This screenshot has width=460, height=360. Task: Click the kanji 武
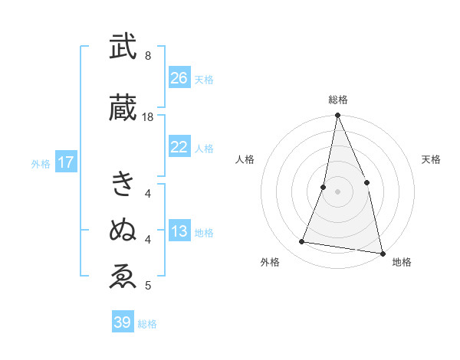click(123, 47)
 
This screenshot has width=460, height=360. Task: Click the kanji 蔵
click(123, 109)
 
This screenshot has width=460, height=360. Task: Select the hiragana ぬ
click(123, 229)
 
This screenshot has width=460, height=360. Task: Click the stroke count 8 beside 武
click(147, 56)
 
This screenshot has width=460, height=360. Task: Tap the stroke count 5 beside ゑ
click(147, 286)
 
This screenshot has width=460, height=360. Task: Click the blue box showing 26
click(179, 78)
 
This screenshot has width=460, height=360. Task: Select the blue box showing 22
click(179, 147)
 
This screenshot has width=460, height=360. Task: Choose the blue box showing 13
click(179, 231)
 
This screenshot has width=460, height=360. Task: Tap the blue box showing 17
click(65, 162)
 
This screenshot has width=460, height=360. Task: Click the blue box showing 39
click(123, 322)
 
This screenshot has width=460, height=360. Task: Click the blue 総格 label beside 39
click(147, 324)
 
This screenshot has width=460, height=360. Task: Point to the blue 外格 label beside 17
click(41, 163)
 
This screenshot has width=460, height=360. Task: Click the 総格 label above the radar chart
click(337, 100)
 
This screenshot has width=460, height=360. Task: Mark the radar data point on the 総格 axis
click(337, 116)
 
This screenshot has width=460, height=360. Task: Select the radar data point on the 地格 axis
click(382, 253)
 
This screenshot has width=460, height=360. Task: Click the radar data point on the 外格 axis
click(302, 242)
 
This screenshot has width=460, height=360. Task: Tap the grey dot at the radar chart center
click(337, 191)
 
